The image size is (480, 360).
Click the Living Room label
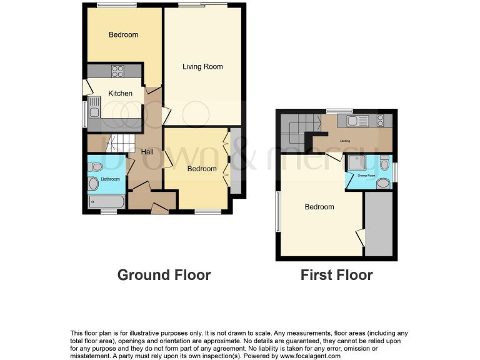pos(202,66)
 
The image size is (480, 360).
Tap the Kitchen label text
pos(121,94)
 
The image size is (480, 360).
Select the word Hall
pos(147,152)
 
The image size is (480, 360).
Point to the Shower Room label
pos(366,176)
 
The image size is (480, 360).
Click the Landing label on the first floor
pos(344,141)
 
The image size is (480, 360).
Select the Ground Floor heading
pos(164,275)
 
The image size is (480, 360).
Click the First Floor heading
pos(336,275)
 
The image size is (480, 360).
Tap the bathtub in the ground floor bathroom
pos(107,202)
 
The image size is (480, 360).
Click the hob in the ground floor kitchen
pos(117,71)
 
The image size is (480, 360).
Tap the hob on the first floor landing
pos(380,121)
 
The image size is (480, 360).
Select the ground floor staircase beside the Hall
pos(117,144)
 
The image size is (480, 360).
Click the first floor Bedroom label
pos(319,207)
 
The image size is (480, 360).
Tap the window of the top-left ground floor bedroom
pos(117,5)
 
